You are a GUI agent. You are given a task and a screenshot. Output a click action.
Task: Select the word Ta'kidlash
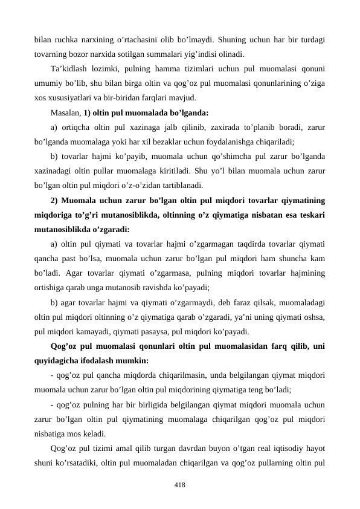pyautogui.click(x=69, y=69)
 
